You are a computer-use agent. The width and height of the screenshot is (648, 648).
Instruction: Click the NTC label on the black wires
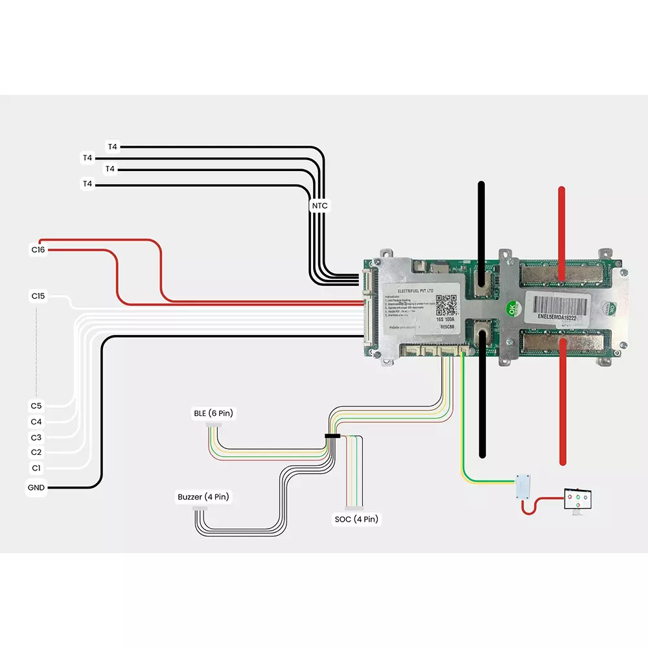tap(319, 206)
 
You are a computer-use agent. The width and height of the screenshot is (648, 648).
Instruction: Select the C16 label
tap(38, 249)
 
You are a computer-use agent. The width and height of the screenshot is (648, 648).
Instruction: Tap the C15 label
tap(38, 296)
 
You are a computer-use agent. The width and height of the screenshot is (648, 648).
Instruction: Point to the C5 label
tap(36, 406)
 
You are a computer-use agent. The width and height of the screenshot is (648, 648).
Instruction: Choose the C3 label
tap(36, 437)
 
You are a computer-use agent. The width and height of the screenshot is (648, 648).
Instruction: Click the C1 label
tap(36, 468)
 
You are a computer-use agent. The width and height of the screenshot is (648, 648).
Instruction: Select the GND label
tap(36, 487)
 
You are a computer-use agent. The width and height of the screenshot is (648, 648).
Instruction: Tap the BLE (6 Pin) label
tap(213, 413)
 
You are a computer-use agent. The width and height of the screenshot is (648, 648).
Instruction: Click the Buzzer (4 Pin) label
tap(203, 497)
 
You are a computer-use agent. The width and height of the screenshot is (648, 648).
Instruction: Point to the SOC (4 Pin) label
tap(356, 519)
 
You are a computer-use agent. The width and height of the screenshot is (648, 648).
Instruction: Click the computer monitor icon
tap(577, 500)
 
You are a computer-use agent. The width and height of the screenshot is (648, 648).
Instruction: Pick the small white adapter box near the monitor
tap(523, 485)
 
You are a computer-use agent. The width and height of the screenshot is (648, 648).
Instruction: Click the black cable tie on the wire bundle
tap(332, 436)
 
